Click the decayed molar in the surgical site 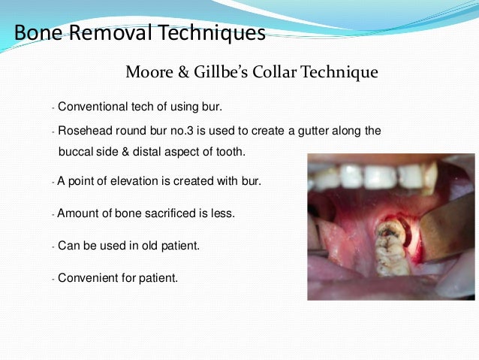[x=391, y=241]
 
